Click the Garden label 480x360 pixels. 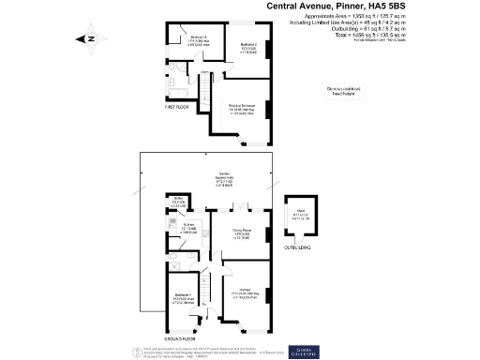pyautogui.click(x=224, y=175)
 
